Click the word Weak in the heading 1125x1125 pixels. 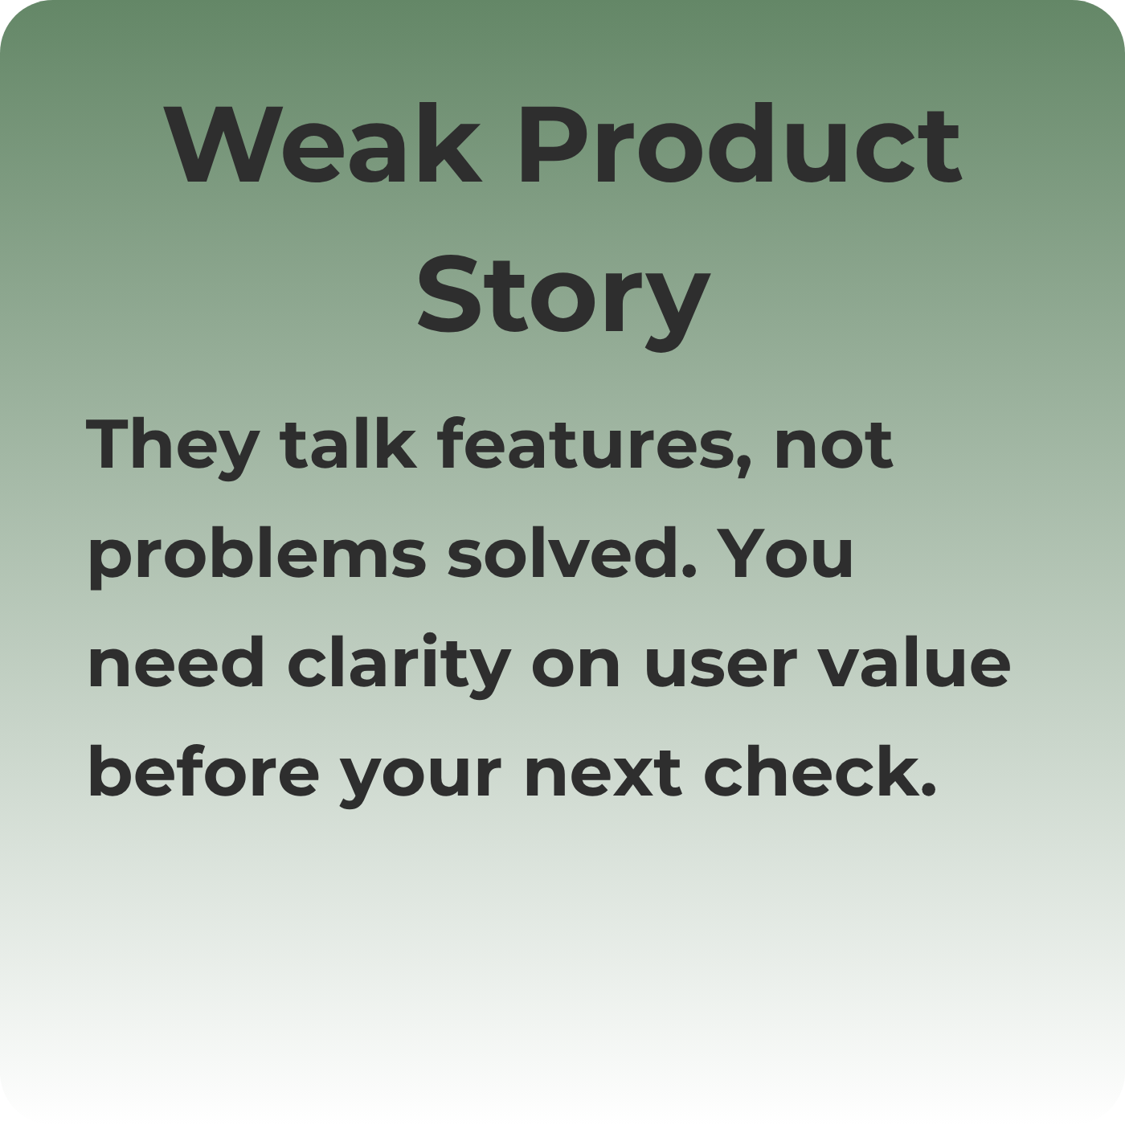point(323,144)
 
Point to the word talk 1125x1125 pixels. point(348,443)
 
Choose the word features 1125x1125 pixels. point(586,443)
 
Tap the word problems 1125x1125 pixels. point(257,557)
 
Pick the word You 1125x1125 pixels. point(784,554)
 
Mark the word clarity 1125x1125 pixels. point(399,666)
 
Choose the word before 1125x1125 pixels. point(204,770)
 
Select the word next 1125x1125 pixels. point(603,774)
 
